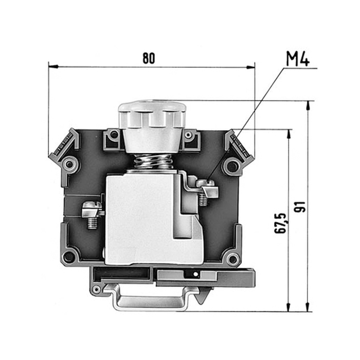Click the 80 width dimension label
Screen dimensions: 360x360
(x=149, y=58)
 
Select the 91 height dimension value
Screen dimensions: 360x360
(x=300, y=207)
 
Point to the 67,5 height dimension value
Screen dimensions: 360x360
(x=281, y=223)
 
